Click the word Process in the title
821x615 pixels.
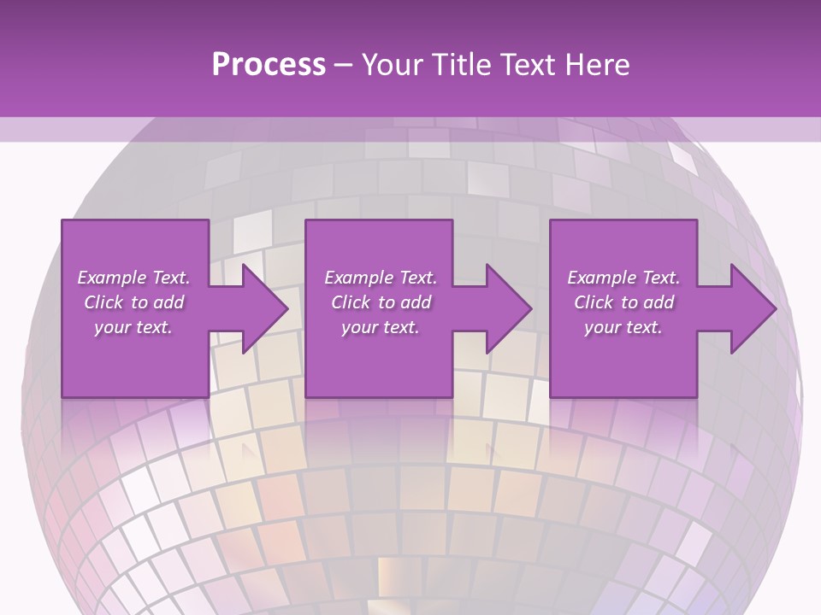tap(269, 65)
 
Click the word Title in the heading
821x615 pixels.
tap(459, 65)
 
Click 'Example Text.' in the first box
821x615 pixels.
tap(133, 278)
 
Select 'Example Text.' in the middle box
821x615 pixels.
tap(381, 278)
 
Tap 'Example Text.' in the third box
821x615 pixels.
tap(623, 278)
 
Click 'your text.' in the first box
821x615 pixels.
tap(133, 327)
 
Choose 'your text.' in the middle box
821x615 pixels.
tap(381, 327)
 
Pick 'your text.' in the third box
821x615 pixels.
tap(623, 327)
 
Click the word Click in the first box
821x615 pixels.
tap(104, 302)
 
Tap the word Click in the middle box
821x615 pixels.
tap(351, 302)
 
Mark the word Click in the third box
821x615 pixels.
tap(594, 302)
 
